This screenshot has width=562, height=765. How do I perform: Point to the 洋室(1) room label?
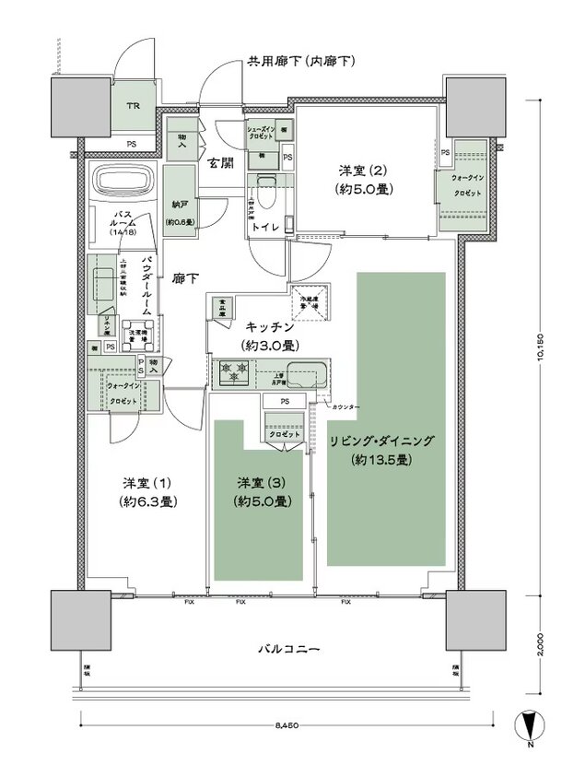[147, 483]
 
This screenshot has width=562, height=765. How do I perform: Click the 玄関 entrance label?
[218, 163]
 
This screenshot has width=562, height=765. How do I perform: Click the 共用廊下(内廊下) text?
[301, 63]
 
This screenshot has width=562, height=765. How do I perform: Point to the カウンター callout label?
[347, 406]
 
